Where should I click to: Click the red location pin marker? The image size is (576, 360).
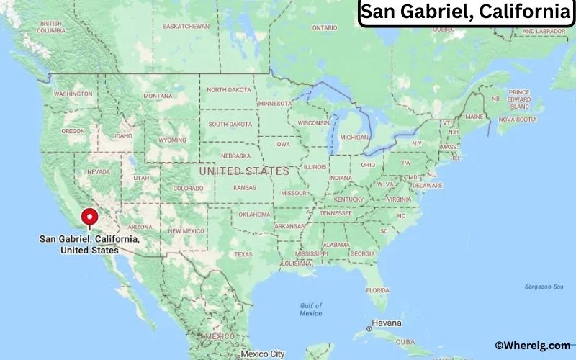point(90,217)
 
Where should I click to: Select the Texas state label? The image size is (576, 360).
point(243,254)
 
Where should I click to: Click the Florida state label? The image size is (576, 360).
point(377,289)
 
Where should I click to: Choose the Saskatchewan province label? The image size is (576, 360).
point(186,27)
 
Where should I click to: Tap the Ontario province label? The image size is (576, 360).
point(324,27)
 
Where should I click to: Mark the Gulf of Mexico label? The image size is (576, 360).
point(311,309)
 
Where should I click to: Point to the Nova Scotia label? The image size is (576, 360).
point(517,119)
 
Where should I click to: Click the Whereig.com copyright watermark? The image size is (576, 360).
point(533,346)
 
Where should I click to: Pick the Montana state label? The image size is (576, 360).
point(158,96)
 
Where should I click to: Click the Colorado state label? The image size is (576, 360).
point(188,189)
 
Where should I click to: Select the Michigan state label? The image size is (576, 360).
point(354,137)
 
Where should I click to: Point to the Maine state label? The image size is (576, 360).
point(474,116)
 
